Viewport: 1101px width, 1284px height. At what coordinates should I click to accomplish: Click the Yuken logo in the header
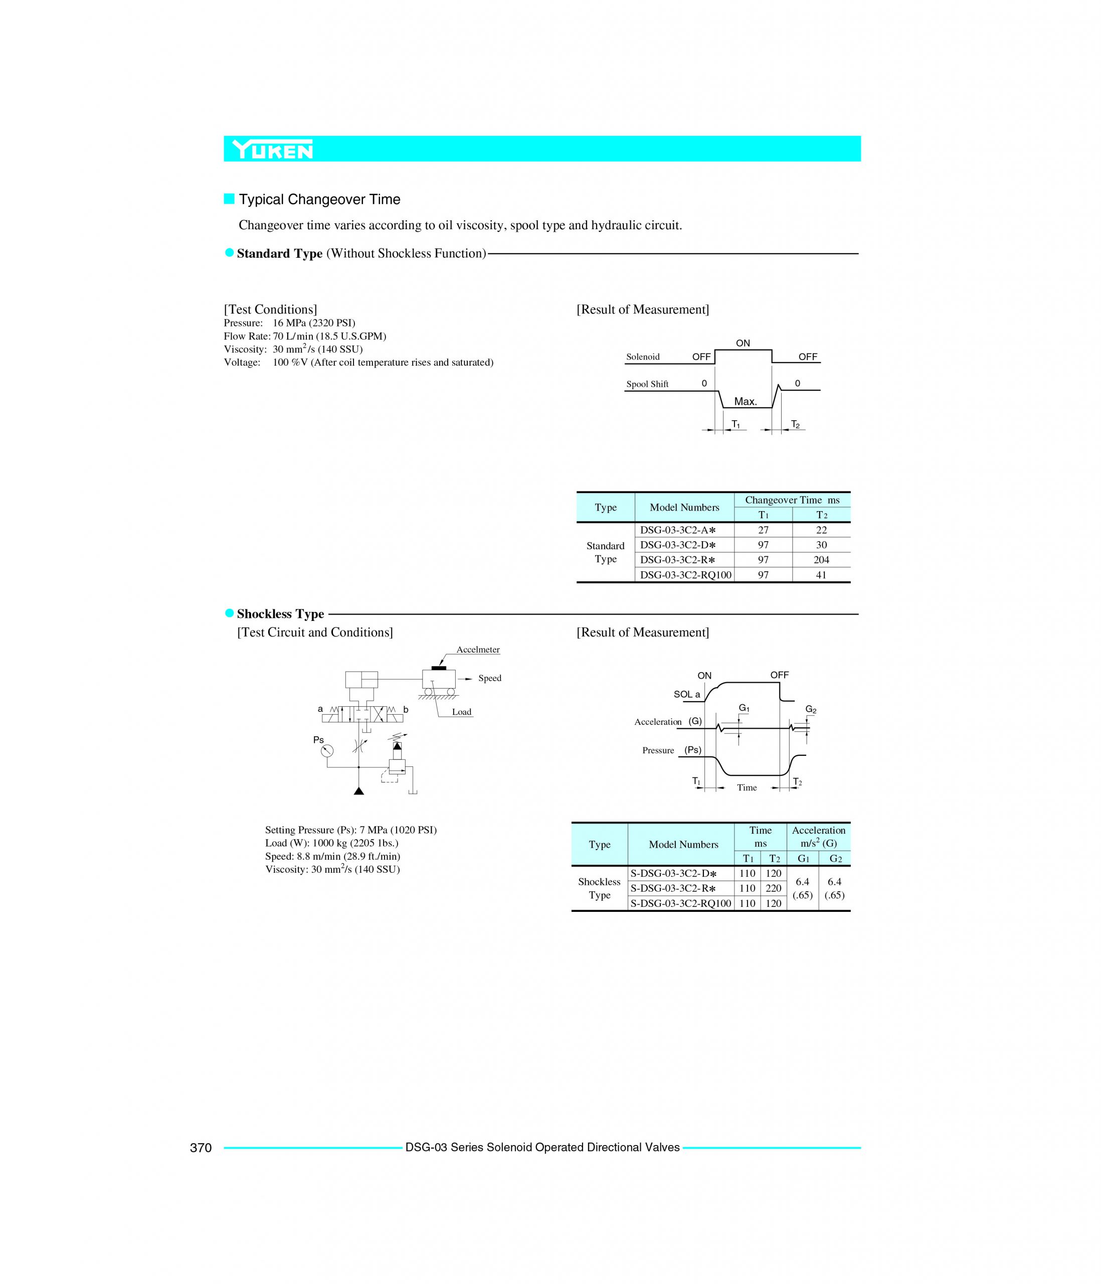(x=273, y=149)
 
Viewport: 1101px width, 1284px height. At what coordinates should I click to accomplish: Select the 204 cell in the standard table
(x=821, y=560)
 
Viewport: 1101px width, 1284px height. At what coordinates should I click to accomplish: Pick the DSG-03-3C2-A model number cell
(x=678, y=530)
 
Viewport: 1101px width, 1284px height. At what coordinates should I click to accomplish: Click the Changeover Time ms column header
(x=792, y=500)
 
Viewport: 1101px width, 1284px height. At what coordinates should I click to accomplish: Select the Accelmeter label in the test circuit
(x=478, y=650)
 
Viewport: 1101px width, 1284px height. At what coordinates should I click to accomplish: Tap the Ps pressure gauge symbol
(x=326, y=751)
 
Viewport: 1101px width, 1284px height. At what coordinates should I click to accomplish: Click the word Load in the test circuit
(x=462, y=712)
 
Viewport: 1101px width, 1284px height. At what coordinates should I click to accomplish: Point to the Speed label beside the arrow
(x=489, y=678)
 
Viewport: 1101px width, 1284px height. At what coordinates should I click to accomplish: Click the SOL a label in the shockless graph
(x=686, y=695)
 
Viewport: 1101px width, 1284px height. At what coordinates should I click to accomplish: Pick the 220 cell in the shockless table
(x=773, y=888)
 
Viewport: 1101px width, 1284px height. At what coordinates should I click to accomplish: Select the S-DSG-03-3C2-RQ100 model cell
(x=680, y=903)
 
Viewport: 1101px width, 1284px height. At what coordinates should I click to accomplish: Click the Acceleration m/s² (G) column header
(x=818, y=837)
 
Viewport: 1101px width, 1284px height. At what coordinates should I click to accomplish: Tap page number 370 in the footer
(x=201, y=1148)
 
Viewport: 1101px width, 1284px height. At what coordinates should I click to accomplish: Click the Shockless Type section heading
(x=280, y=614)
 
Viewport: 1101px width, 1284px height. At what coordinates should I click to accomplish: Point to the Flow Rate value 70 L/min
(x=329, y=337)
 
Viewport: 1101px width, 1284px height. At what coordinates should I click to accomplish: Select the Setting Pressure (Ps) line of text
(x=350, y=830)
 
